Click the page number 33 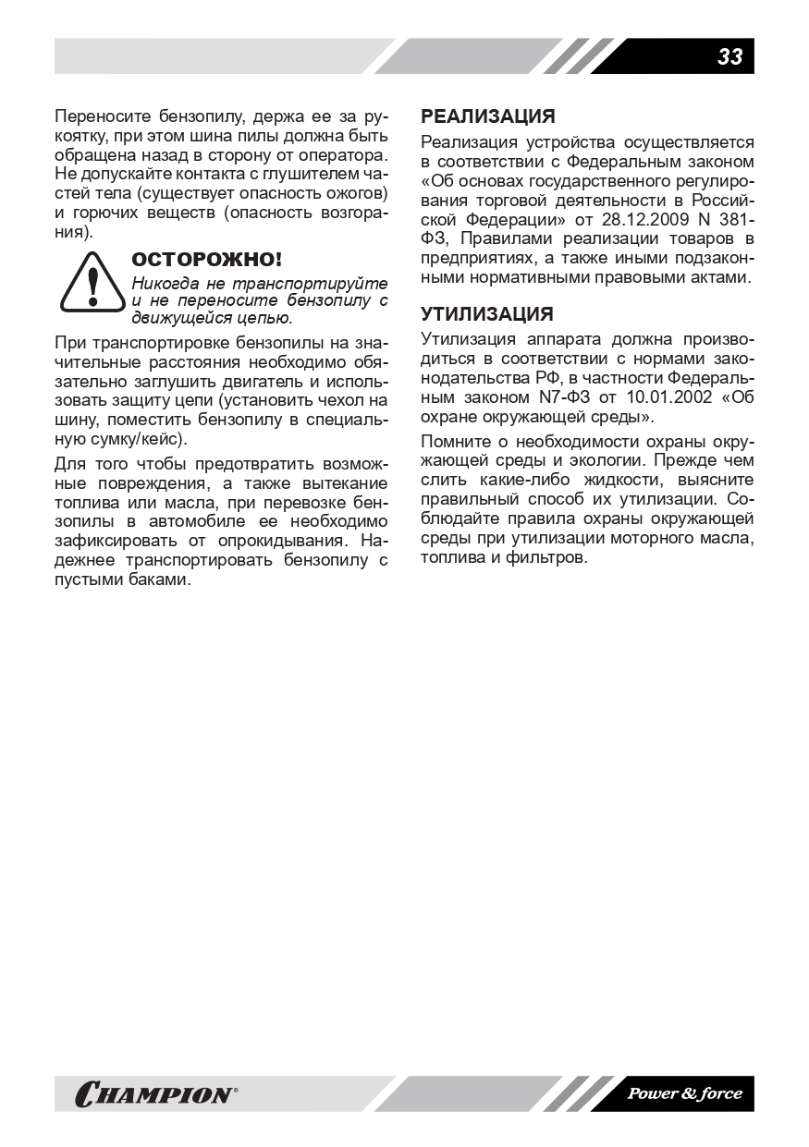(x=729, y=57)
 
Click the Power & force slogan (x=685, y=1094)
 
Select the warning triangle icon (x=91, y=284)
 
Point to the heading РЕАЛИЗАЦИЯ (x=488, y=116)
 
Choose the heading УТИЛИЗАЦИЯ (x=487, y=314)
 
